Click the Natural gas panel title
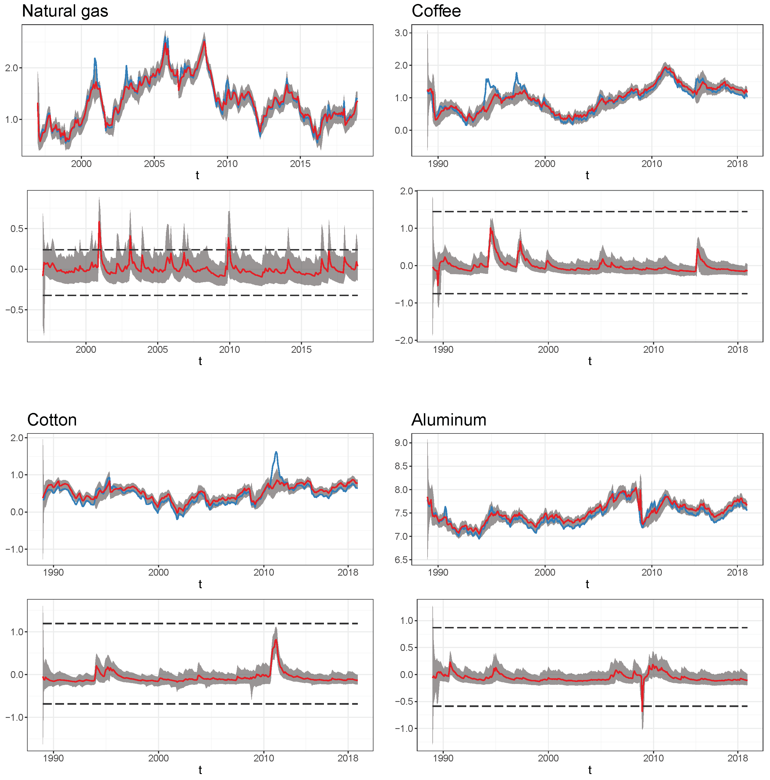pyautogui.click(x=65, y=11)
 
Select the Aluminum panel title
pyautogui.click(x=449, y=420)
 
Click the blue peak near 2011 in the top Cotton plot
pyautogui.click(x=276, y=452)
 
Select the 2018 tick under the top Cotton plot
pyautogui.click(x=348, y=573)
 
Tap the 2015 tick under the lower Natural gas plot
pyautogui.click(x=301, y=350)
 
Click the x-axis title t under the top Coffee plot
pyautogui.click(x=587, y=175)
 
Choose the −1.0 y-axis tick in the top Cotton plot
pyautogui.click(x=15, y=549)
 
